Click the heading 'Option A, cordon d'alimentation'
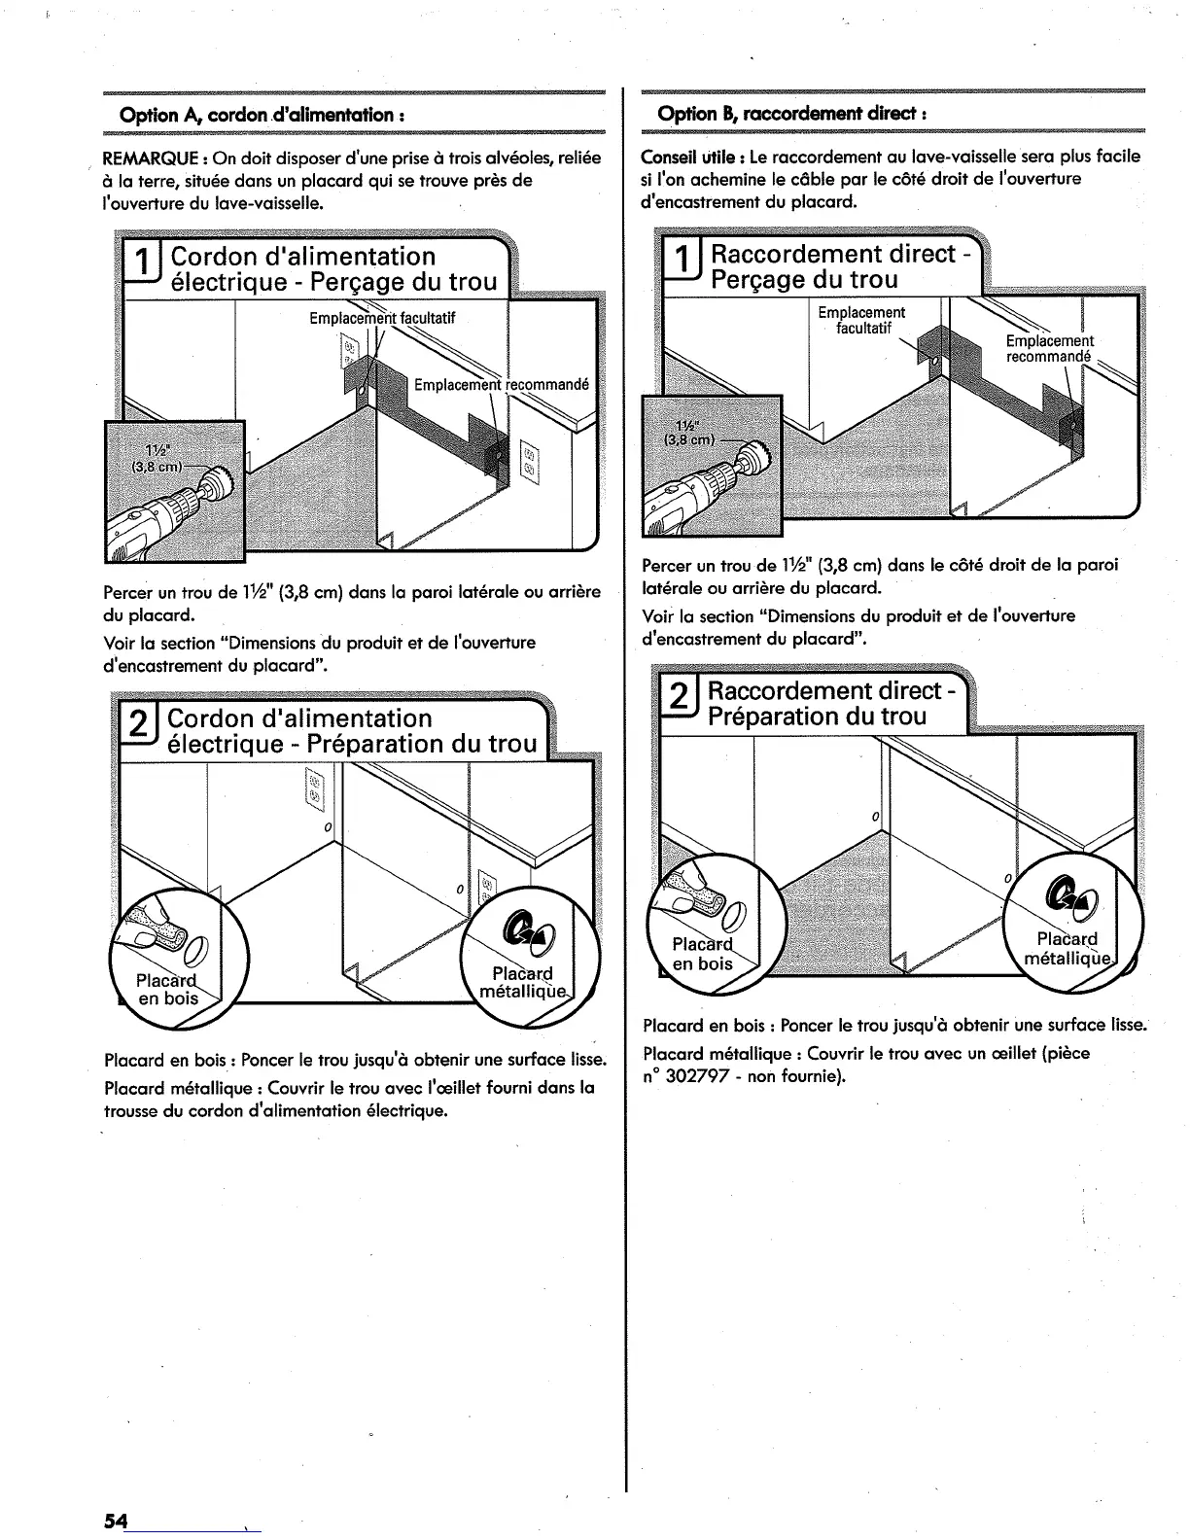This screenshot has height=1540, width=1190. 262,115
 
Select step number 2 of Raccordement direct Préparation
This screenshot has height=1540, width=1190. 681,700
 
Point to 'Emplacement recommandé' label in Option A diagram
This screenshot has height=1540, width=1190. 501,383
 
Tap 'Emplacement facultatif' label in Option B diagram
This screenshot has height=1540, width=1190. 861,320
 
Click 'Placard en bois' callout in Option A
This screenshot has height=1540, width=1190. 167,989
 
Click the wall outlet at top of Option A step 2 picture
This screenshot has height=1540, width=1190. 314,788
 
